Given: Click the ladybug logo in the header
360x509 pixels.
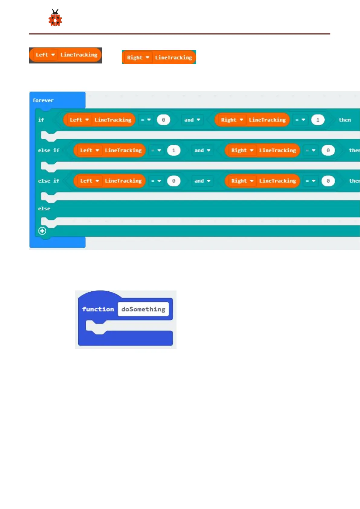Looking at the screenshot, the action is [x=55, y=18].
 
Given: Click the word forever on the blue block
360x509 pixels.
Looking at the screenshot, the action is [x=43, y=100].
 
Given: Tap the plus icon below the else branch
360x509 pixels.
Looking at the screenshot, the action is [x=42, y=231].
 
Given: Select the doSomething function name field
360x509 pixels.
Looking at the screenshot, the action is [x=143, y=309].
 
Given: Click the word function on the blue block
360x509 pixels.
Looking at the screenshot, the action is [x=98, y=309].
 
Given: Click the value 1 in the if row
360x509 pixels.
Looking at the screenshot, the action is [x=318, y=120].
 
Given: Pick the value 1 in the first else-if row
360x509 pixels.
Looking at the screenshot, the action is [x=174, y=151].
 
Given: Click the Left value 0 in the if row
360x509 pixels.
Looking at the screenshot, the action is [x=163, y=120].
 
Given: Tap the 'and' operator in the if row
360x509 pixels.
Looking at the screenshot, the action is [x=192, y=120].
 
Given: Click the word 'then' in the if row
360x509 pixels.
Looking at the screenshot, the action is [x=345, y=120].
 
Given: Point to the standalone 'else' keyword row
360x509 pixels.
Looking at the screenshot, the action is [x=44, y=209].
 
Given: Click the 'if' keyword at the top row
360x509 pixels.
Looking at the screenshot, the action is [x=41, y=120].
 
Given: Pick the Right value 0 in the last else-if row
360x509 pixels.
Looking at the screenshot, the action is [x=328, y=181].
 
